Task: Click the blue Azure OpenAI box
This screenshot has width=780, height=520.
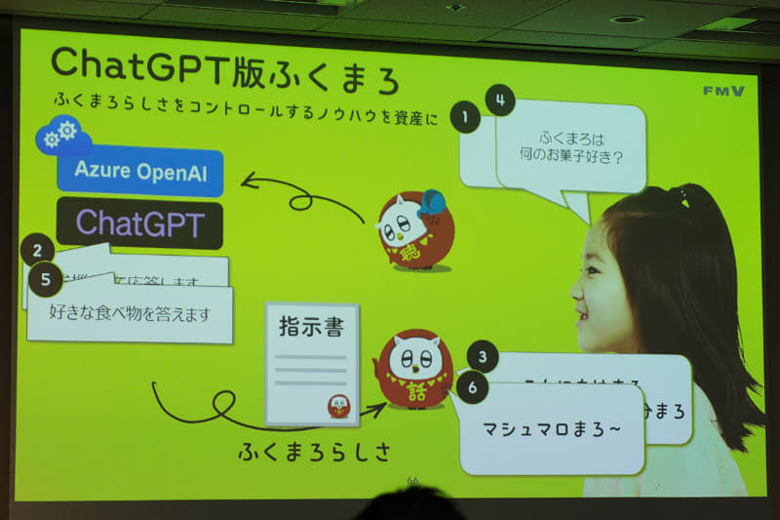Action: [x=139, y=173]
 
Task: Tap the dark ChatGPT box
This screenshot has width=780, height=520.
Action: [x=139, y=223]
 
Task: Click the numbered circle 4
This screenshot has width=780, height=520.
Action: [x=500, y=100]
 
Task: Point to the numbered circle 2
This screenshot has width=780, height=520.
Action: [x=37, y=250]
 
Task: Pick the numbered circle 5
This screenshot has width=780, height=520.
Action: [x=45, y=281]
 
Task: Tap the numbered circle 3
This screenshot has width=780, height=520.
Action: [x=482, y=356]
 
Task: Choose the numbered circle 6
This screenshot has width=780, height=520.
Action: [x=472, y=387]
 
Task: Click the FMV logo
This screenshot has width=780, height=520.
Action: [x=722, y=91]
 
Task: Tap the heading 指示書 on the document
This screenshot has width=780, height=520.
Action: [x=311, y=327]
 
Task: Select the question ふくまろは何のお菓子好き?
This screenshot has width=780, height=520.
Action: [x=580, y=146]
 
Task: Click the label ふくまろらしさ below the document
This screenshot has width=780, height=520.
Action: [x=314, y=452]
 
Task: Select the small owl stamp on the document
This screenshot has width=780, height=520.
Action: [x=338, y=405]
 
